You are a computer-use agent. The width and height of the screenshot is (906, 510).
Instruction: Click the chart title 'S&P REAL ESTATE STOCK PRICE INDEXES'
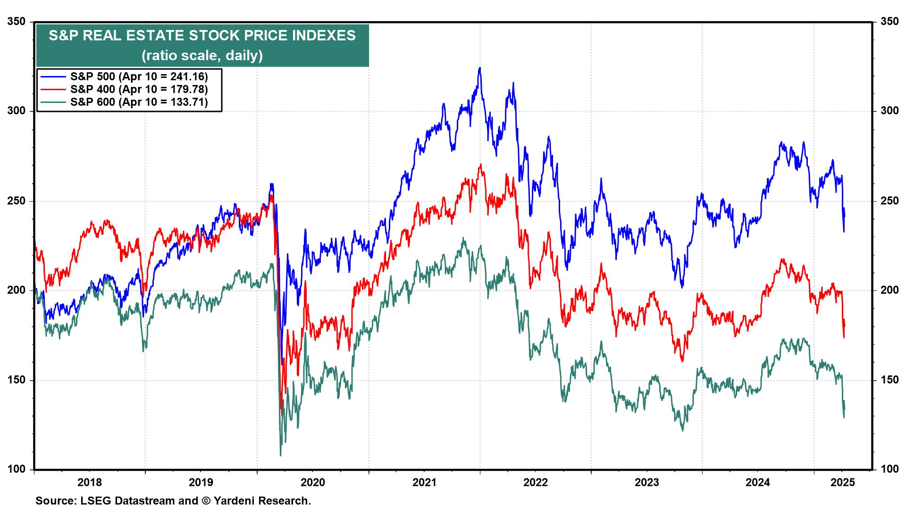(202, 35)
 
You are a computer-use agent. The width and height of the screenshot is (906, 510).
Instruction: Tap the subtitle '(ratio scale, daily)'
(202, 56)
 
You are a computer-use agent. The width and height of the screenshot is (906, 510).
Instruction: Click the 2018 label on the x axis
(90, 482)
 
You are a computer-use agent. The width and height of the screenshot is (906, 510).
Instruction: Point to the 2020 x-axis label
(313, 482)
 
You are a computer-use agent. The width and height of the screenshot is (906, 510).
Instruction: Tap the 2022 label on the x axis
(536, 482)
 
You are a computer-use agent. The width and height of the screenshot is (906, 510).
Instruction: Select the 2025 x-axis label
(843, 482)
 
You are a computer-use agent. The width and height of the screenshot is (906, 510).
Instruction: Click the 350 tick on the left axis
(17, 22)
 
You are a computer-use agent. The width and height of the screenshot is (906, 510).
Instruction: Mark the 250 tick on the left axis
(17, 201)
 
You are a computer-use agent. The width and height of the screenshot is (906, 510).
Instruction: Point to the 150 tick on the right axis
(889, 380)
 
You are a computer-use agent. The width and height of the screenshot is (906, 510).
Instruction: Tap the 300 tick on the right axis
(889, 111)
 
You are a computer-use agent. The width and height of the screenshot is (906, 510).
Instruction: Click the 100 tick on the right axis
(889, 469)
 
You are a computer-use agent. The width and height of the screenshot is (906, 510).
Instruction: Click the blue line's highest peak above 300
(480, 68)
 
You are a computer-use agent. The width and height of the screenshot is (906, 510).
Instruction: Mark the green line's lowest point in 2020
(281, 455)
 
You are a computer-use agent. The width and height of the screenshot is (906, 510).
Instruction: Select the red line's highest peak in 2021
(481, 164)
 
